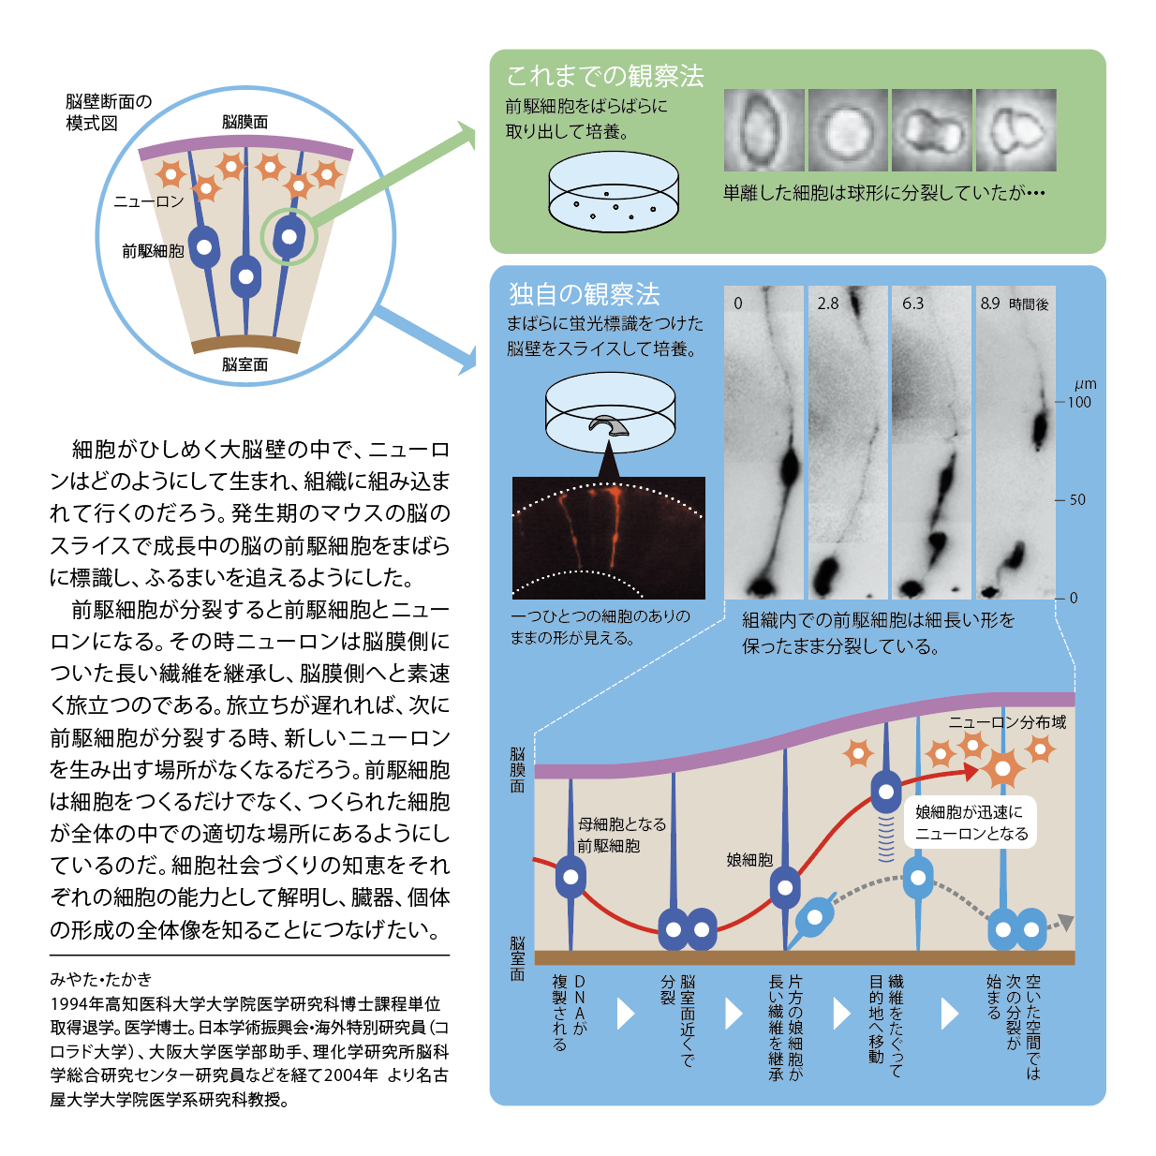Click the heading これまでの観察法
pyautogui.click(x=604, y=76)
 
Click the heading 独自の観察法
pyautogui.click(x=585, y=294)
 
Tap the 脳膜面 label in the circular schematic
pyautogui.click(x=245, y=123)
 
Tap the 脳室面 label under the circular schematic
pyautogui.click(x=245, y=364)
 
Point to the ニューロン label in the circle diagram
pyautogui.click(x=149, y=201)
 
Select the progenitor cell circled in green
pyautogui.click(x=289, y=237)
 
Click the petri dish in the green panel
pyautogui.click(x=614, y=191)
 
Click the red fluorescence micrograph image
pyautogui.click(x=608, y=538)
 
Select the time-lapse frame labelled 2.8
pyautogui.click(x=848, y=442)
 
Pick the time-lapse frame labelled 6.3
pyautogui.click(x=931, y=442)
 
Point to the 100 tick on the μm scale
pyautogui.click(x=1074, y=402)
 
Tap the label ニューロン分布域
pyautogui.click(x=1007, y=722)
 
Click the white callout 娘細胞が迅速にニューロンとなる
pyautogui.click(x=971, y=823)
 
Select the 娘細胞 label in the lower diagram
pyautogui.click(x=749, y=860)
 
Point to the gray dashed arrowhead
pyautogui.click(x=1065, y=922)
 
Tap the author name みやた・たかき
pyautogui.click(x=101, y=979)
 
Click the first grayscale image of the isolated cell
pyautogui.click(x=763, y=130)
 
